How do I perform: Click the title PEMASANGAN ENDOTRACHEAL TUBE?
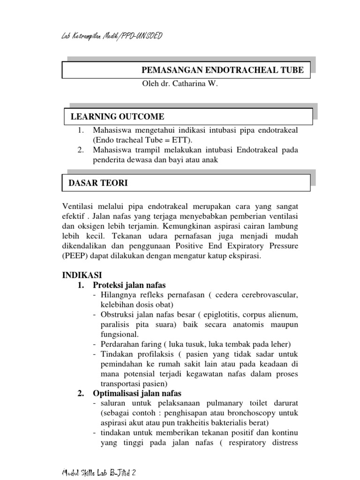[x=222, y=70]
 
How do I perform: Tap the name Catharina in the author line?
[x=191, y=84]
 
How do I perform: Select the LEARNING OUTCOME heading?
[x=117, y=117]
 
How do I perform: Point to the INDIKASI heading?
[x=82, y=275]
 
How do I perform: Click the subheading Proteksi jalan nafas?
[x=129, y=285]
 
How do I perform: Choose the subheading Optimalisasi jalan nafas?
[x=137, y=393]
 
